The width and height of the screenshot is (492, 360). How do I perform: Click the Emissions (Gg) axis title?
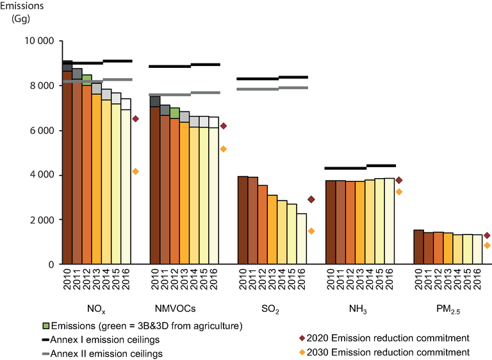point(22,12)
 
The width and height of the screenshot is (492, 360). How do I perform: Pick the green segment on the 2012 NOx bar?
point(86,80)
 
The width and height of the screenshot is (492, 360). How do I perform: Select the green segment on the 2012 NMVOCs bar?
point(174,113)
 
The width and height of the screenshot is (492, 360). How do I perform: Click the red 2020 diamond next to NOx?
point(136,119)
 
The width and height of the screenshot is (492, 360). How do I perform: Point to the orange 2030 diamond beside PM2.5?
point(487,245)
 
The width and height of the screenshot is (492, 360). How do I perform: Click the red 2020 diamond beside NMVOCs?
point(224,126)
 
